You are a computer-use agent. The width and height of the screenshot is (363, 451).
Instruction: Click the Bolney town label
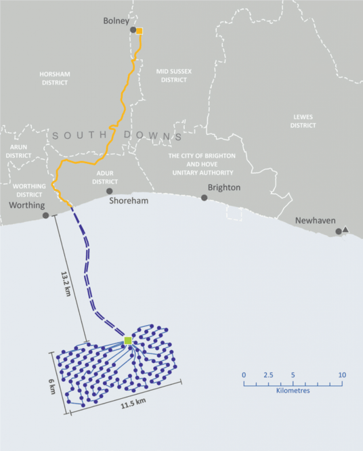coord(116,21)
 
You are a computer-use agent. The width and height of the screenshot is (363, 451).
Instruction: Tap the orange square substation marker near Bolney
coord(140,30)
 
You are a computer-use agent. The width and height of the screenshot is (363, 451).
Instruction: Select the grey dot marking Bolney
coord(133,30)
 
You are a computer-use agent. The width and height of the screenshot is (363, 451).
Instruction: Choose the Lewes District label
coord(303,121)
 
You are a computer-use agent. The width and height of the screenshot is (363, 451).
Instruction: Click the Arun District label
coord(18,151)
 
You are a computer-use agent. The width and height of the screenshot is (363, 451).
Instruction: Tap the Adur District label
coord(105,177)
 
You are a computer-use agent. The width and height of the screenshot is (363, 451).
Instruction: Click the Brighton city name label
coord(224,188)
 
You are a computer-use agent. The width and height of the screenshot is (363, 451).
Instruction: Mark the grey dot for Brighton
coord(205,198)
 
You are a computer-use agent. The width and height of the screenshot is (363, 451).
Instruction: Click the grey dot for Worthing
coord(45,215)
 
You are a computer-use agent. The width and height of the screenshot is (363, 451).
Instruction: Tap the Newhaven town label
coord(316,221)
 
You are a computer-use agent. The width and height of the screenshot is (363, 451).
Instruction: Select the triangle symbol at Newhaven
coord(345,230)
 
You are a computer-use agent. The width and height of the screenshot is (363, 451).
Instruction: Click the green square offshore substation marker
coord(127,341)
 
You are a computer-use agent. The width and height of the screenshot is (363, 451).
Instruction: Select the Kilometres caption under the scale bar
coord(293,391)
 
